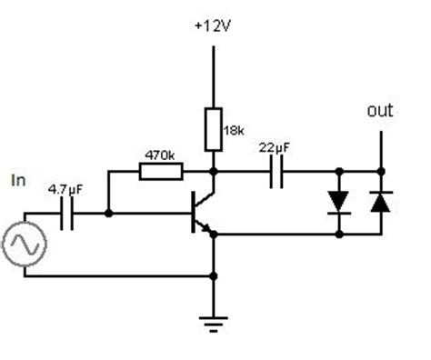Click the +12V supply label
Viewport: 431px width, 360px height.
(213, 26)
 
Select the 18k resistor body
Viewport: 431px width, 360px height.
(213, 127)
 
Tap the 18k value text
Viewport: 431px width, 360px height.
(233, 131)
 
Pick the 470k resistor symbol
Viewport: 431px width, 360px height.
(162, 170)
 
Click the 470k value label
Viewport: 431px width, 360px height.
(161, 155)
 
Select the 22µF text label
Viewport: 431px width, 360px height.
(275, 148)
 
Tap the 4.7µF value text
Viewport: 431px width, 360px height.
(65, 191)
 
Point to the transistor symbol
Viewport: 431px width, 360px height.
(201, 215)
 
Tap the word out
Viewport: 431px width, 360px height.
(379, 110)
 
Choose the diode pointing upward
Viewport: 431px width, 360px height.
(379, 202)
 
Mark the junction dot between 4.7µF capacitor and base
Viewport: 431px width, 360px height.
(108, 215)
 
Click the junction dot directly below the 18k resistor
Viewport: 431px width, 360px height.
(213, 170)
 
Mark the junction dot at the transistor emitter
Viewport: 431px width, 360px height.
(213, 235)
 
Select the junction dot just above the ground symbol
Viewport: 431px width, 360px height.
(213, 275)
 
